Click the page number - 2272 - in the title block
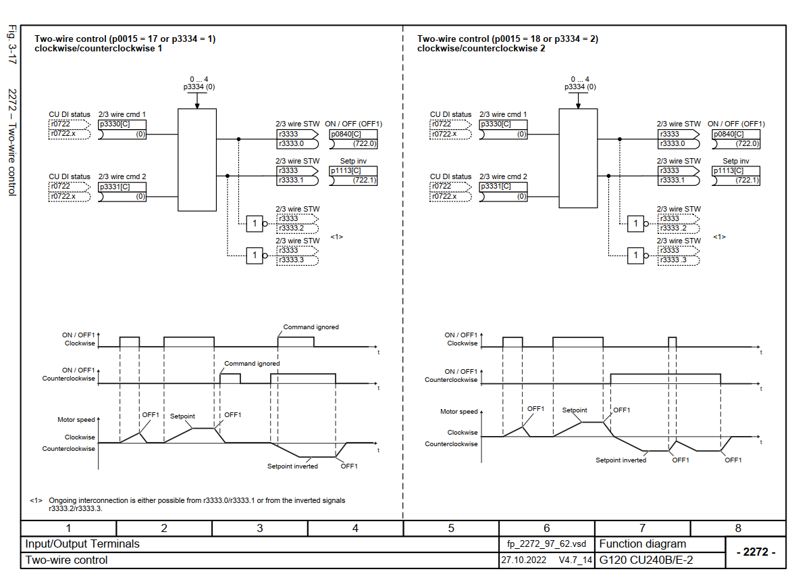(x=755, y=552)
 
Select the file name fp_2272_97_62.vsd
(x=547, y=544)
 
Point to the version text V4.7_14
(x=575, y=560)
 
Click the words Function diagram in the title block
(x=642, y=544)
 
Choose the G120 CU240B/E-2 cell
(x=646, y=560)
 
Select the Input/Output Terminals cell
(x=82, y=544)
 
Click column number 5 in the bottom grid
(x=451, y=529)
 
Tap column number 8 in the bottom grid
(x=738, y=529)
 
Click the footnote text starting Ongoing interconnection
(x=196, y=501)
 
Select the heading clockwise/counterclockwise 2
(x=481, y=49)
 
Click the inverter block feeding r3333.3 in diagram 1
(x=255, y=255)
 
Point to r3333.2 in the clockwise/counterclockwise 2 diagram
(x=673, y=228)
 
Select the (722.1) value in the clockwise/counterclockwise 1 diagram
(x=364, y=180)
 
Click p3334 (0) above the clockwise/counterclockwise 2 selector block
(x=580, y=87)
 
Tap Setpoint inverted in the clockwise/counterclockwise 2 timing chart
(x=621, y=460)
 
